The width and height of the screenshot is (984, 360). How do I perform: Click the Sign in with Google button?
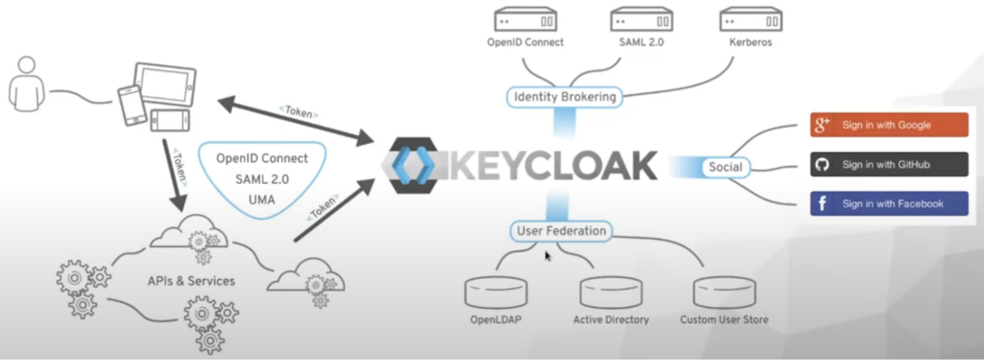889,125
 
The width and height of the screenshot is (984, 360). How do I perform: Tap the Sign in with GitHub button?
889,164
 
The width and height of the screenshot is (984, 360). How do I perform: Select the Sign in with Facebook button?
889,203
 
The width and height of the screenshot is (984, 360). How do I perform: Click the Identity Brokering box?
564,97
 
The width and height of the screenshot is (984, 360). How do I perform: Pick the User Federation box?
561,231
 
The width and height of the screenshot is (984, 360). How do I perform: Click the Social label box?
725,167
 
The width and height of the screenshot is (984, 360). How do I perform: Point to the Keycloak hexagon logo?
413,165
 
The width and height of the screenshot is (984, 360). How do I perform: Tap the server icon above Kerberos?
751,20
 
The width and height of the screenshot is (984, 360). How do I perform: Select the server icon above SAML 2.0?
641,20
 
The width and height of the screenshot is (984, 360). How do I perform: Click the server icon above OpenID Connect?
525,20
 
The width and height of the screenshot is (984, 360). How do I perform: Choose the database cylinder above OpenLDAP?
496,292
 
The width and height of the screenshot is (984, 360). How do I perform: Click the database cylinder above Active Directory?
611,292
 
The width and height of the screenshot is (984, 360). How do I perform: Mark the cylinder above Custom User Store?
724,292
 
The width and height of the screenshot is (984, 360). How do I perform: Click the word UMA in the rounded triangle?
261,200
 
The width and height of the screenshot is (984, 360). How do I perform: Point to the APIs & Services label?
191,281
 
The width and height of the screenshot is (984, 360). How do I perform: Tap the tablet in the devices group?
166,84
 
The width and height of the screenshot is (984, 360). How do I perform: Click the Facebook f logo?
822,203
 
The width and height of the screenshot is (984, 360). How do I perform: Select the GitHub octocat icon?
822,164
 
